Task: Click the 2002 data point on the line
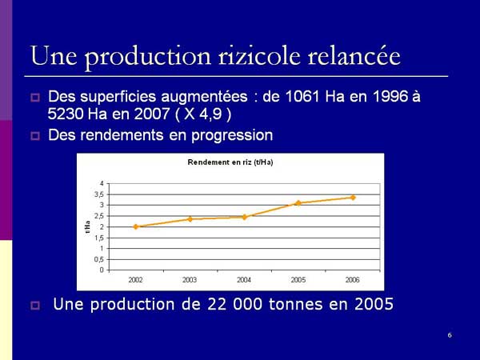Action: [136, 227]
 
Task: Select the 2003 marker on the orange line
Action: [190, 219]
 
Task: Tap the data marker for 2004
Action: [244, 217]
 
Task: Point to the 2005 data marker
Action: [298, 203]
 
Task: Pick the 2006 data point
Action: [353, 198]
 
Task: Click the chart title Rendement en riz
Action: [230, 162]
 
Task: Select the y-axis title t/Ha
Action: [87, 227]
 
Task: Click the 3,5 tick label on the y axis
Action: [99, 194]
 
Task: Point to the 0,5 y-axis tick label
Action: [99, 259]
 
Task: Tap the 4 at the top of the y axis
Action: [102, 183]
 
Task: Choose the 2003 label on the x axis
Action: [190, 280]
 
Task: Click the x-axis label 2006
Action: [352, 280]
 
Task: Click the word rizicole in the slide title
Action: [259, 56]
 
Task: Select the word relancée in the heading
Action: [354, 56]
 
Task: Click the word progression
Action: [232, 135]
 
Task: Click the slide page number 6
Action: [450, 335]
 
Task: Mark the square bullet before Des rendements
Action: [35, 136]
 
